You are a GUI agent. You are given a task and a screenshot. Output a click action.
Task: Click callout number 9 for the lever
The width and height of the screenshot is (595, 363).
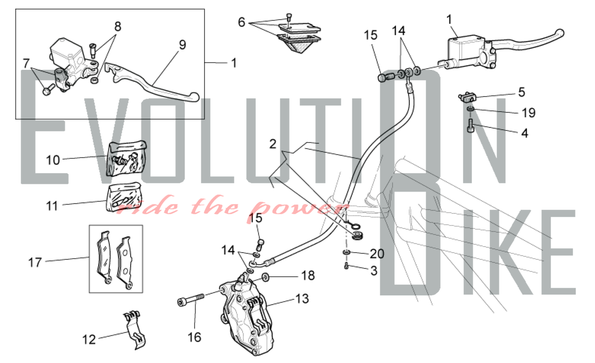click(182, 45)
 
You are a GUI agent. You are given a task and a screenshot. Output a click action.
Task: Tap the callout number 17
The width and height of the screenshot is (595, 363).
click(35, 262)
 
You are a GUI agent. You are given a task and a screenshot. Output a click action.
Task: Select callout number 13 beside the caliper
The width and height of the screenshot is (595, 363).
click(302, 298)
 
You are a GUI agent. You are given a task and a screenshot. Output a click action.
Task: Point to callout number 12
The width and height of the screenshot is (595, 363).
click(89, 339)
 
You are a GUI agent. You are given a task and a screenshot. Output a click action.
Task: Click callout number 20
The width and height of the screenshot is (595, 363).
click(377, 254)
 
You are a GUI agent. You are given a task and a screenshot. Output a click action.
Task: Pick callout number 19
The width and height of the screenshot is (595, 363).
click(529, 113)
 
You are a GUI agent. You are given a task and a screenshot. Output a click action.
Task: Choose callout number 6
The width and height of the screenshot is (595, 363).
click(241, 22)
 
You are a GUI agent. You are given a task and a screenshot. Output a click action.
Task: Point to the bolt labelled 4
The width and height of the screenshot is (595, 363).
click(470, 125)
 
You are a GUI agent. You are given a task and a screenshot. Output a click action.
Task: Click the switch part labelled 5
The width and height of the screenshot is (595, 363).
click(467, 97)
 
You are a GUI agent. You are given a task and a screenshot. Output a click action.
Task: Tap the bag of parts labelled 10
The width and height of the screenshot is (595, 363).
click(126, 159)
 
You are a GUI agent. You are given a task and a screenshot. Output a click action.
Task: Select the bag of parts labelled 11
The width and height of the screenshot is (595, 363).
click(124, 197)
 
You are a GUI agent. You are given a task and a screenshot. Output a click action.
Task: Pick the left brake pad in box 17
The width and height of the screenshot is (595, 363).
click(104, 257)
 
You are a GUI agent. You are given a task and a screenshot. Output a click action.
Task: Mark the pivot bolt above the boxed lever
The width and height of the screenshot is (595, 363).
click(93, 51)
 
